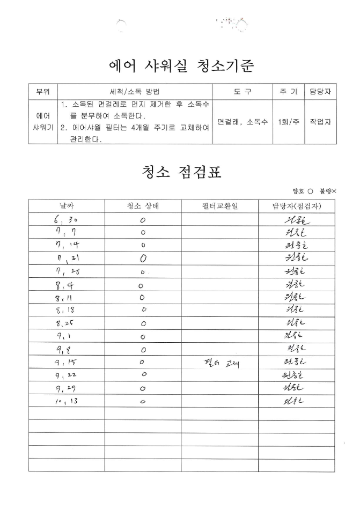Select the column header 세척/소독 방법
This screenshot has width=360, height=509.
135,92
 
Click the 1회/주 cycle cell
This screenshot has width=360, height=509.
285,121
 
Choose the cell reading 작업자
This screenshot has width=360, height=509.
320,121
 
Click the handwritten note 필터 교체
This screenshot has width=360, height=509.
219,363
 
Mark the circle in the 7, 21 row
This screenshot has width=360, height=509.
143,259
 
